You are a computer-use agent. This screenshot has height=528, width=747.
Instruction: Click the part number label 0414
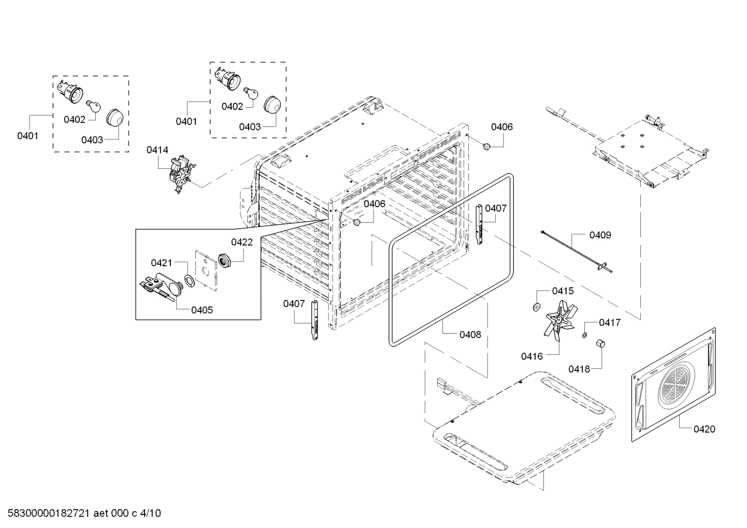pyautogui.click(x=157, y=150)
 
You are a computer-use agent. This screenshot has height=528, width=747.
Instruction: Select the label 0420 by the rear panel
pyautogui.click(x=704, y=429)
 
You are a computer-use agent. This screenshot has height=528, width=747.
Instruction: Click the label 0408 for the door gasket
pyautogui.click(x=470, y=335)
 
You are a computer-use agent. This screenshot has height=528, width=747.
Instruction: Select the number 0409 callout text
pyautogui.click(x=600, y=235)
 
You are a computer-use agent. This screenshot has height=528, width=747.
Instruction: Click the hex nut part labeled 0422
pyautogui.click(x=225, y=259)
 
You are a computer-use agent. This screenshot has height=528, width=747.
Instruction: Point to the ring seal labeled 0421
pyautogui.click(x=190, y=280)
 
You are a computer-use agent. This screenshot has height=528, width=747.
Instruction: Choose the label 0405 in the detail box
pyautogui.click(x=202, y=310)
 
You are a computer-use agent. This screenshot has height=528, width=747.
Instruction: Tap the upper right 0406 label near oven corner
pyautogui.click(x=501, y=127)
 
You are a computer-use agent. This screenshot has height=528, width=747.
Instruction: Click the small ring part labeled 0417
pyautogui.click(x=584, y=335)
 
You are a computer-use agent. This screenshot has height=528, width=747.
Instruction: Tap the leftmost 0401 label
pyautogui.click(x=27, y=136)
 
